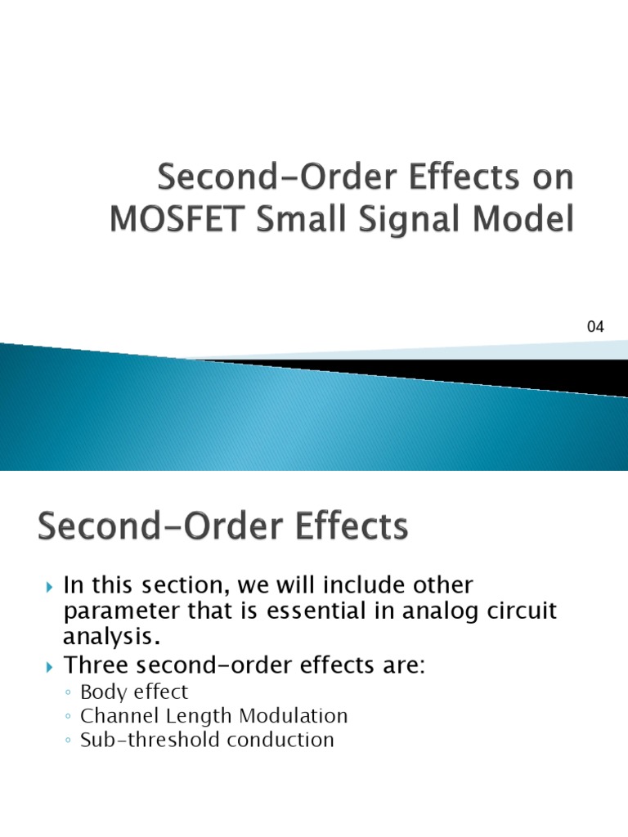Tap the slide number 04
(595, 327)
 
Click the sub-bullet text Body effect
(134, 692)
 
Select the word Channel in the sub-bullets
(114, 716)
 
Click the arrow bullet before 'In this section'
(48, 587)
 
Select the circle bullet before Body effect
(68, 693)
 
